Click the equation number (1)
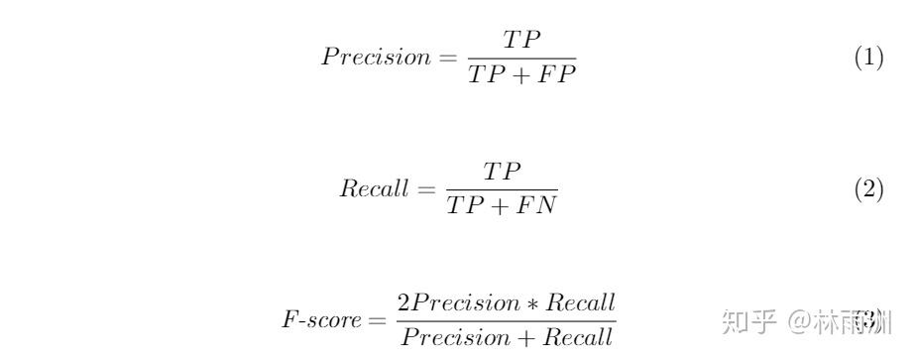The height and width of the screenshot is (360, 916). pos(868,58)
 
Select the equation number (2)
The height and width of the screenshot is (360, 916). pos(868,190)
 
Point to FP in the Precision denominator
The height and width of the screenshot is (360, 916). pos(557,74)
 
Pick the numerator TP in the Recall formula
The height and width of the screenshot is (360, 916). pos(502,172)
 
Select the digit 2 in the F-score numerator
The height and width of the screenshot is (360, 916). pos(403,302)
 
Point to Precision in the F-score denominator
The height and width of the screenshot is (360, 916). pos(449,338)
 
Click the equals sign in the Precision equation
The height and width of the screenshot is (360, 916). pos(447,58)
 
